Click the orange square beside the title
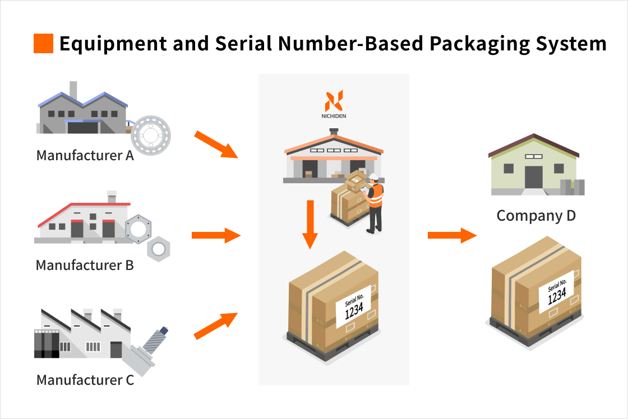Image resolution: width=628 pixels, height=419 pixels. click(43, 44)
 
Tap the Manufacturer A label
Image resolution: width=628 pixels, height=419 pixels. click(85, 155)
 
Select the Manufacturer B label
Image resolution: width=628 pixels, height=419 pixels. click(85, 265)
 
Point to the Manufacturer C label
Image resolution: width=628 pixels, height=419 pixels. click(85, 380)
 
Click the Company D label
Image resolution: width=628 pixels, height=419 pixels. click(536, 216)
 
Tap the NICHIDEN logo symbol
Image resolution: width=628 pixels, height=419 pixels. click(334, 101)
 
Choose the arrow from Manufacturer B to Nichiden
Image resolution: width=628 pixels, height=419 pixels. click(216, 235)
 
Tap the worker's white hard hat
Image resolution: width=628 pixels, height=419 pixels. click(374, 176)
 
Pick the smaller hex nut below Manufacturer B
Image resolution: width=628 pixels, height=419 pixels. click(159, 248)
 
